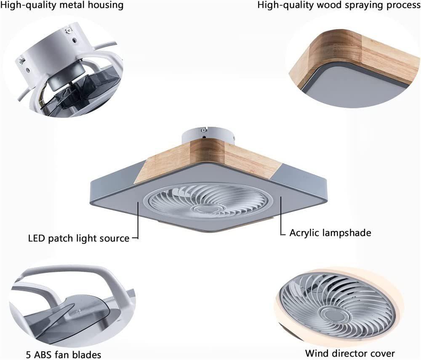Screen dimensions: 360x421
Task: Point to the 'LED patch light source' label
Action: pyautogui.click(x=79, y=238)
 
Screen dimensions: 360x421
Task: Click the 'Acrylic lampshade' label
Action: pyautogui.click(x=330, y=233)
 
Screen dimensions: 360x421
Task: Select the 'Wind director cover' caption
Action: pyautogui.click(x=350, y=353)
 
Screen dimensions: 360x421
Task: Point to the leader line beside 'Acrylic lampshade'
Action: pyautogui.click(x=281, y=219)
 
